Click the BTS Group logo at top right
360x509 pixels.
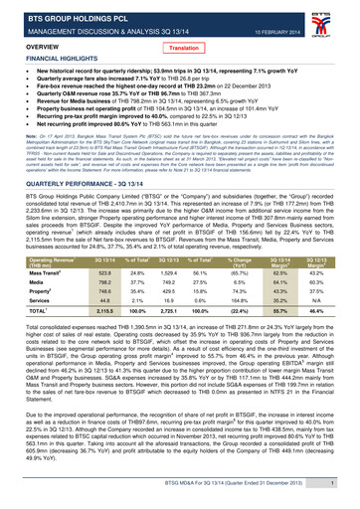tap(341, 20)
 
